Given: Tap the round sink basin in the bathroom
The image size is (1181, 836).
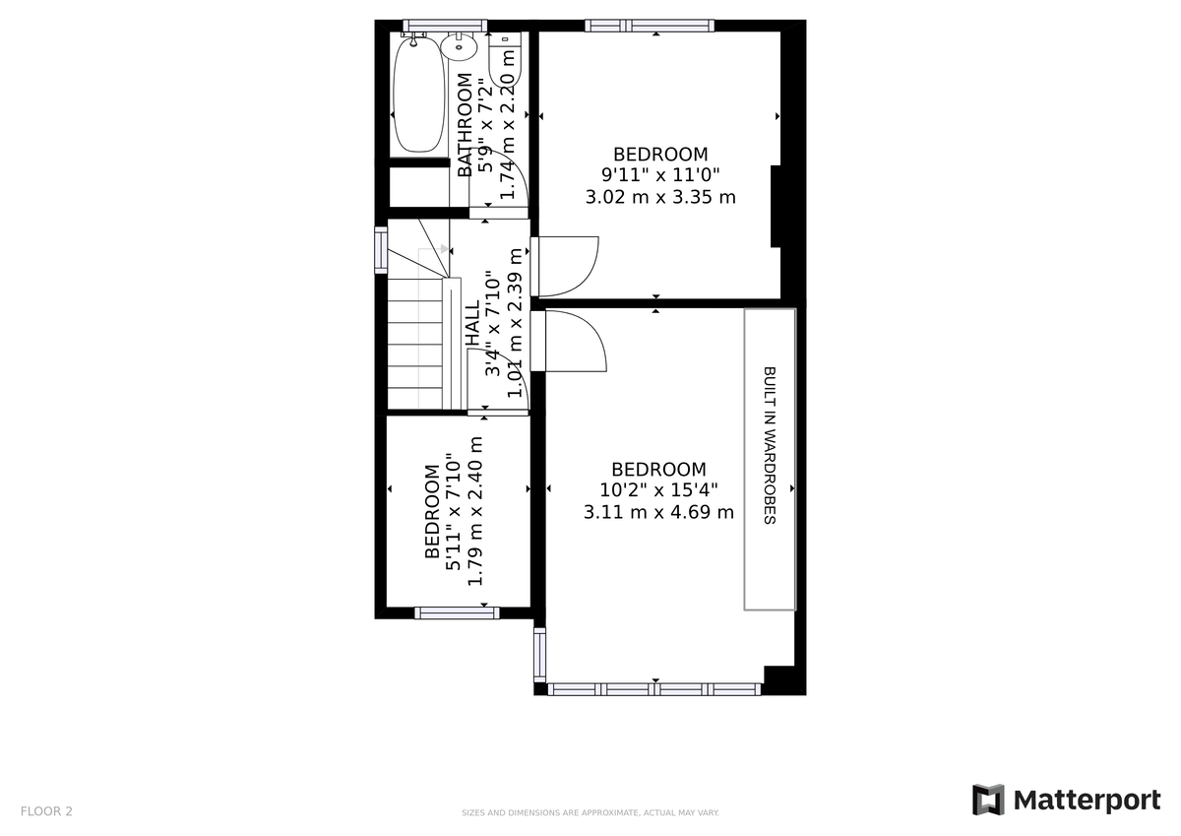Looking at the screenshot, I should (460, 45).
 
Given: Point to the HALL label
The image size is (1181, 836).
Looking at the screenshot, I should (472, 323).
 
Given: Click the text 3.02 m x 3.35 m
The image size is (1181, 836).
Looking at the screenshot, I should (660, 197).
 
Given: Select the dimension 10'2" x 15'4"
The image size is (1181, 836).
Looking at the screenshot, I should (659, 490).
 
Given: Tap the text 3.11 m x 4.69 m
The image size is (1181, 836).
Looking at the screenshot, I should (659, 512).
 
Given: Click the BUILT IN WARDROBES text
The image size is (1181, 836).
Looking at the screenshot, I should (770, 445).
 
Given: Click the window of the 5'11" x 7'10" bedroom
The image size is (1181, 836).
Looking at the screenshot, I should (457, 612).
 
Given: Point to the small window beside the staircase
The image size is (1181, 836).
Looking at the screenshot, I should (381, 248).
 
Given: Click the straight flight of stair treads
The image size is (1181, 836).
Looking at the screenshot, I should (415, 345).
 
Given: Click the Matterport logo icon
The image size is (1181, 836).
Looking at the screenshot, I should (988, 800).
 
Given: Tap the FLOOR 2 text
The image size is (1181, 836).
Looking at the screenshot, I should (46, 812).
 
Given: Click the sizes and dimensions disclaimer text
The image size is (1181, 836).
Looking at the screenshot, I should (590, 813).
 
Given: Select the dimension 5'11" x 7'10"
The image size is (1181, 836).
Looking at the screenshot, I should (454, 511).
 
